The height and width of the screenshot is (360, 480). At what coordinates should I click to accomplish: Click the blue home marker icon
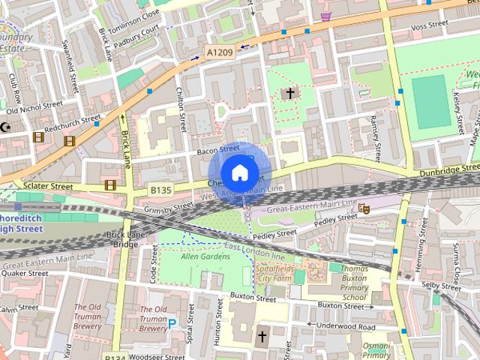(x=238, y=172)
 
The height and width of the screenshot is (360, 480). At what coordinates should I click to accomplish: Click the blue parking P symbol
(x=172, y=324)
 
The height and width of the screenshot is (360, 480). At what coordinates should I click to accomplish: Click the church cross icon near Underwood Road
(x=262, y=336)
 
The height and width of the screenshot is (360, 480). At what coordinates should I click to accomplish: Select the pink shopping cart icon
(x=325, y=16)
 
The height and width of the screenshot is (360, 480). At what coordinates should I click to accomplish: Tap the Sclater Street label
(x=46, y=185)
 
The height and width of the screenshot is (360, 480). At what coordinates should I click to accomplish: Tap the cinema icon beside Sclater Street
(x=110, y=184)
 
